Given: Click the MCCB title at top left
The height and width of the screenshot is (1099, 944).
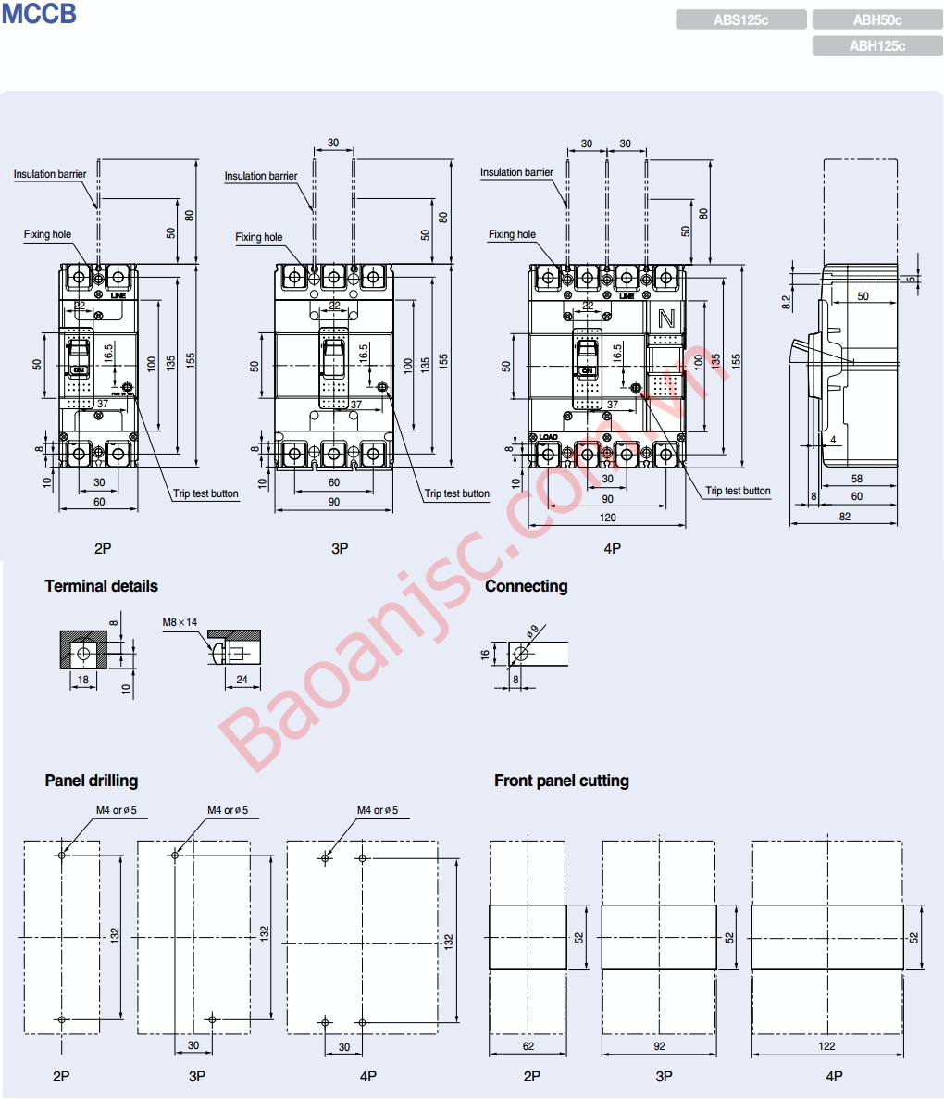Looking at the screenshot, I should (38, 14).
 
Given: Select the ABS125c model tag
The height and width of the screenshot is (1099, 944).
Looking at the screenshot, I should (740, 19).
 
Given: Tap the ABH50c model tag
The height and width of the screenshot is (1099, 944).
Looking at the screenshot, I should (876, 19).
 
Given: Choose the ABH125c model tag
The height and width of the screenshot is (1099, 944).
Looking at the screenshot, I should (876, 45).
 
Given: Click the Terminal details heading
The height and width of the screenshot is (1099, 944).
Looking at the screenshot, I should (101, 586).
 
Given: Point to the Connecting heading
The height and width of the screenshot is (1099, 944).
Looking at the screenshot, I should (526, 586).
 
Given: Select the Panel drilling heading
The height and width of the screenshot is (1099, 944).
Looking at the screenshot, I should (91, 781).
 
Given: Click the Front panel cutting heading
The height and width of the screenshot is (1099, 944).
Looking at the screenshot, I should (561, 781).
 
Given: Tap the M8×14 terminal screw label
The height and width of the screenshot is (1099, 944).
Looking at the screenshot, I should (180, 622).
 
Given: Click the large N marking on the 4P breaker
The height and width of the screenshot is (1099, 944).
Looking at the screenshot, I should (665, 319).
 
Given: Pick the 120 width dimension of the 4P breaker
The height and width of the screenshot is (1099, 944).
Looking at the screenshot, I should (607, 518).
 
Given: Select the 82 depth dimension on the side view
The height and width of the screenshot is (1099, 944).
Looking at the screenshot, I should (844, 517).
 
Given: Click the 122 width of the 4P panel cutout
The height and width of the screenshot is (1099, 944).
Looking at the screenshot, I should (826, 1046).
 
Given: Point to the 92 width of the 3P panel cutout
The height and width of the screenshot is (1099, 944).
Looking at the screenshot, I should (658, 1046).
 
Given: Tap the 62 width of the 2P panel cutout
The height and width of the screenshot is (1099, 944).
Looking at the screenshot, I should (528, 1046).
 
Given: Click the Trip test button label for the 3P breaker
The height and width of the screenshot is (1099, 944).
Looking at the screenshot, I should (456, 493).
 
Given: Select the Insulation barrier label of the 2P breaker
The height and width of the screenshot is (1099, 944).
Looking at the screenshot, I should (49, 174).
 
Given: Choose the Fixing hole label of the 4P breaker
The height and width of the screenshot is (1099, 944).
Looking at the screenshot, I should (512, 234).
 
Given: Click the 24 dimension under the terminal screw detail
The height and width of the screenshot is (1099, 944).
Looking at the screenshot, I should (242, 680).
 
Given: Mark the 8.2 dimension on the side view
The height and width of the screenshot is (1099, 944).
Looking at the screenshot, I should (786, 301).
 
